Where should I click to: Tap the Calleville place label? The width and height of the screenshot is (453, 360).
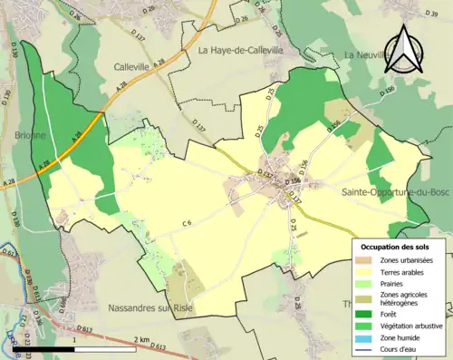click(137, 66)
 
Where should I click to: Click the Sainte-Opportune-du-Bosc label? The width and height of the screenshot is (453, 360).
click(395, 192)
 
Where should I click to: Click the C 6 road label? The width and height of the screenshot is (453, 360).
click(187, 223)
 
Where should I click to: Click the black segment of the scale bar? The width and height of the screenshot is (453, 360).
click(43, 348)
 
